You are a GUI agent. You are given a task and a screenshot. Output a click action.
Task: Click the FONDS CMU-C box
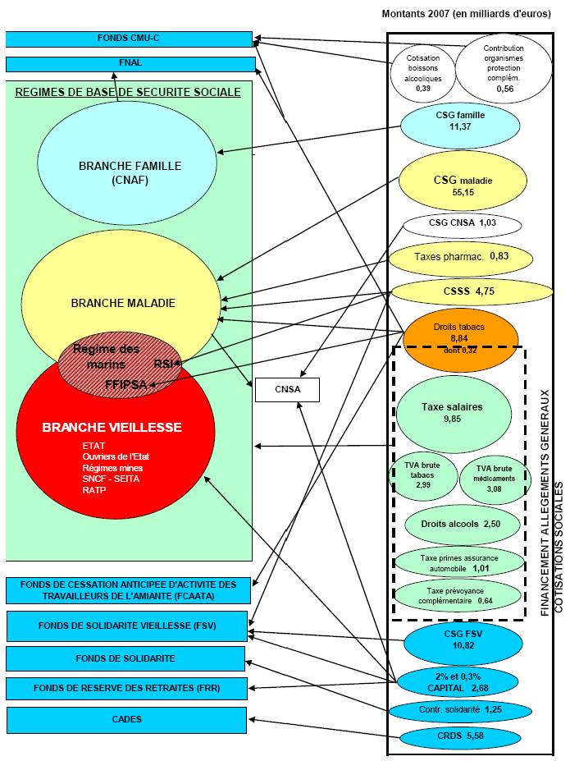[128, 39]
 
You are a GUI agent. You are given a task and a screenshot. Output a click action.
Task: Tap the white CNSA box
[286, 390]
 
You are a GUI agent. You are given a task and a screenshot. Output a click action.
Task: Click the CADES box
[126, 720]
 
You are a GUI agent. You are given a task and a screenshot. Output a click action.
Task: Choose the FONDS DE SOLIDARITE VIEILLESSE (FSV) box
[127, 626]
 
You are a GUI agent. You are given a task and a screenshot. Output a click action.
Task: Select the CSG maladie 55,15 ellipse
[463, 185]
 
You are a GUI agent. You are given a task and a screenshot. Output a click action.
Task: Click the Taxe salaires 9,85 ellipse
[452, 413]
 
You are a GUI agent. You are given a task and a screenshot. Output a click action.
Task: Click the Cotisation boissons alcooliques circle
[423, 71]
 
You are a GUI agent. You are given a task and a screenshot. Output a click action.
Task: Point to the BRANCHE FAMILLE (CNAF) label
[130, 173]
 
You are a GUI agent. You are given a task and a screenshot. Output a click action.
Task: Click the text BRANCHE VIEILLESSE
[112, 428]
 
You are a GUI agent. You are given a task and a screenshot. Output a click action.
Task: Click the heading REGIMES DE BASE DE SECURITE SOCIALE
[128, 92]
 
